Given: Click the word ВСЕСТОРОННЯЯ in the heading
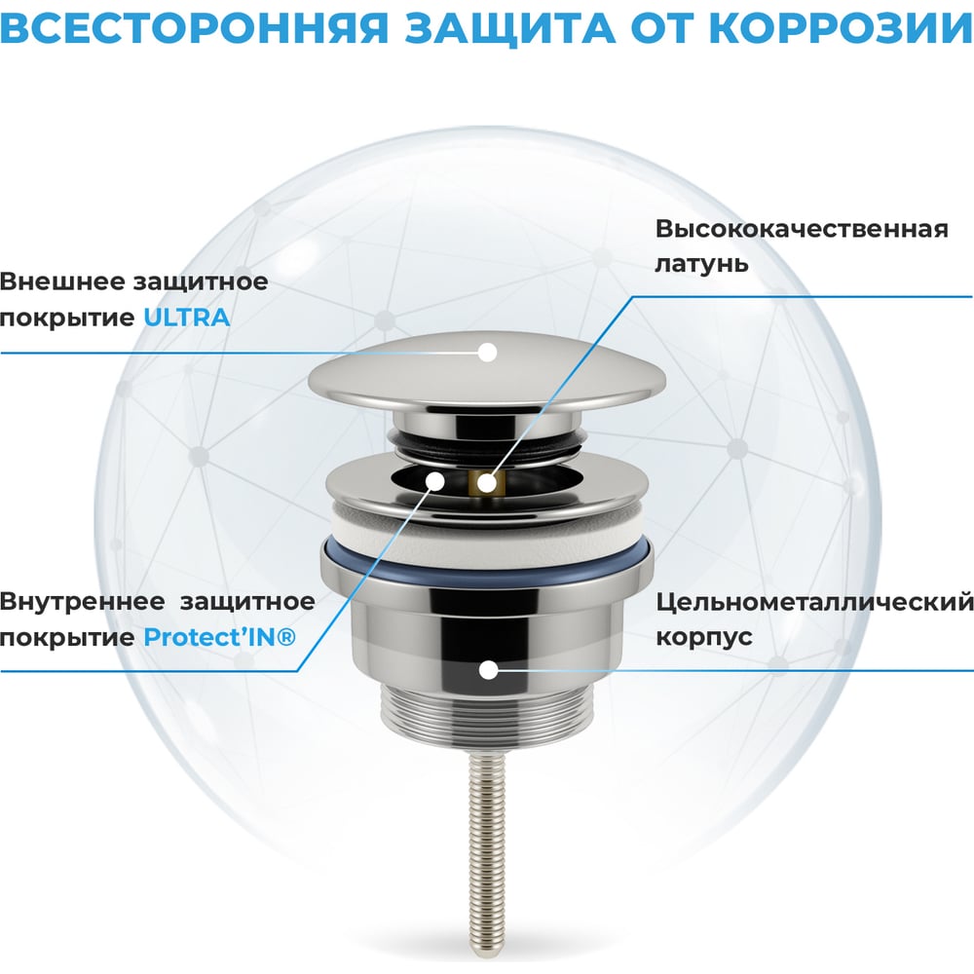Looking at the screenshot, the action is [x=195, y=28].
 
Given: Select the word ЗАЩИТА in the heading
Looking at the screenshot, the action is [x=510, y=28].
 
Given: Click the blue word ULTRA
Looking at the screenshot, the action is [x=186, y=318].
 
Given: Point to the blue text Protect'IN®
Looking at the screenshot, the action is [x=219, y=637].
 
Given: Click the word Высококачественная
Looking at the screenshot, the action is [x=802, y=229].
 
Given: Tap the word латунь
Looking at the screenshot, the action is [x=701, y=263].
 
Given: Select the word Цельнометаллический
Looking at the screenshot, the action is [x=814, y=601].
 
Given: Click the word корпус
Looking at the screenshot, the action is [x=704, y=637].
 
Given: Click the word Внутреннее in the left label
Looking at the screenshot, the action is [x=82, y=601].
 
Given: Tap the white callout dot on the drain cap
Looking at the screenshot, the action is [x=488, y=353].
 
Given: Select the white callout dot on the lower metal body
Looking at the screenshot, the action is [x=489, y=670].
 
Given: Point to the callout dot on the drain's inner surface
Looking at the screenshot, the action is [x=435, y=481].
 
